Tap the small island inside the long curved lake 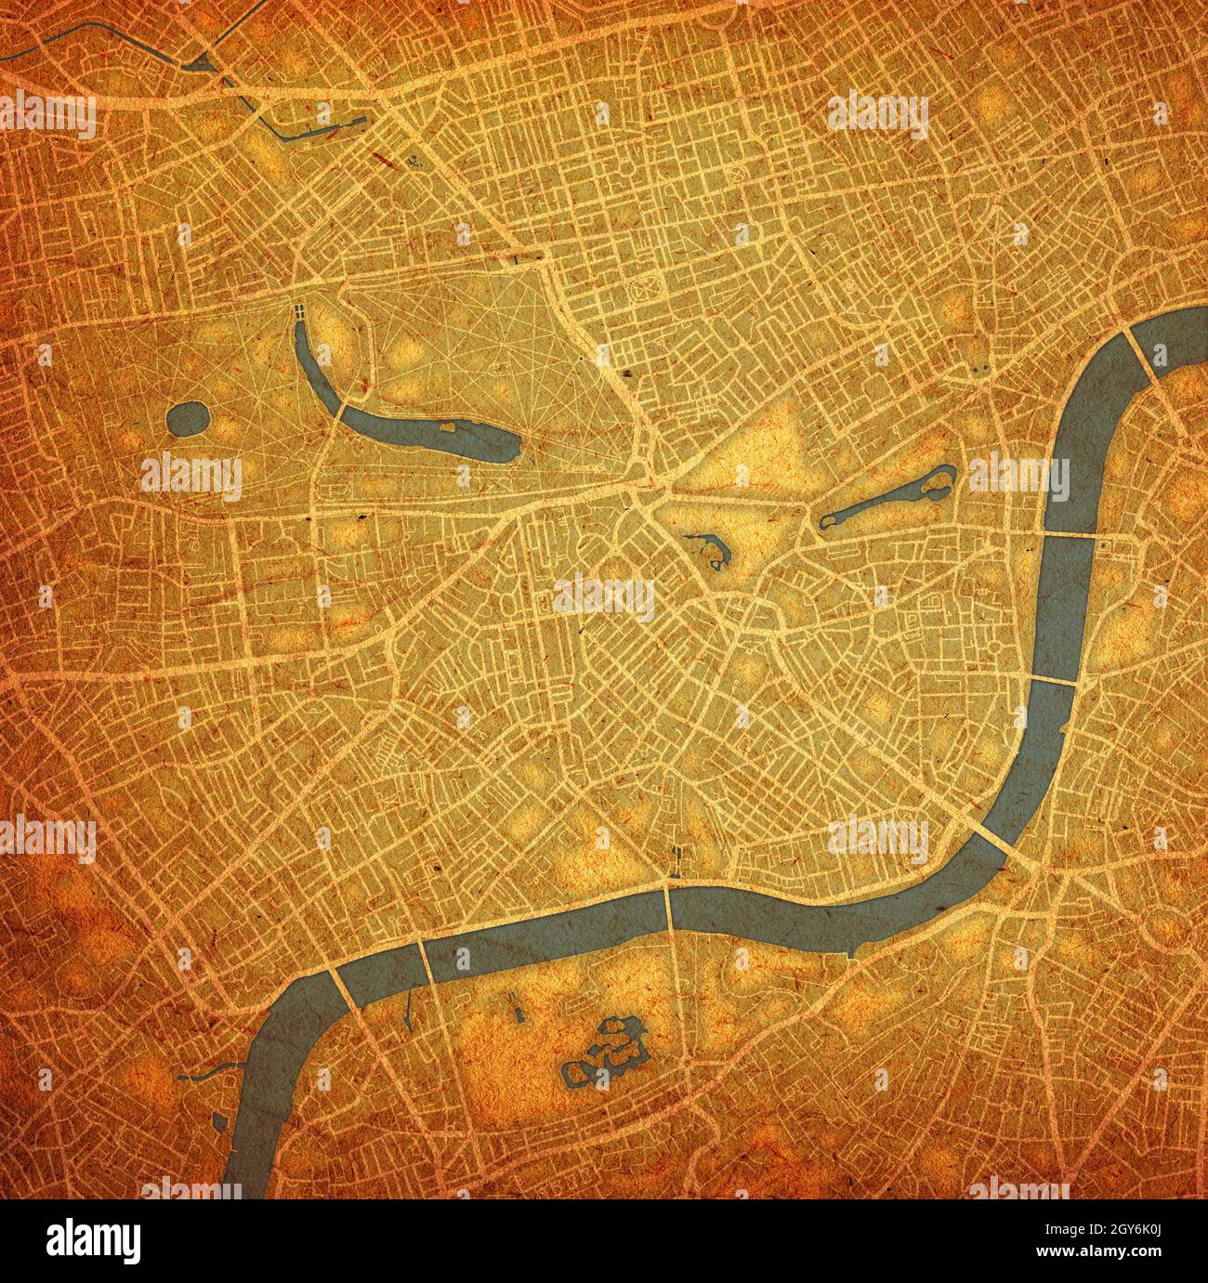[x=447, y=427]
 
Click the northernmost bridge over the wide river [x=1140, y=354]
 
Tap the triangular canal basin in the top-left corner [x=201, y=64]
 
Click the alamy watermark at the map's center [x=604, y=596]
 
